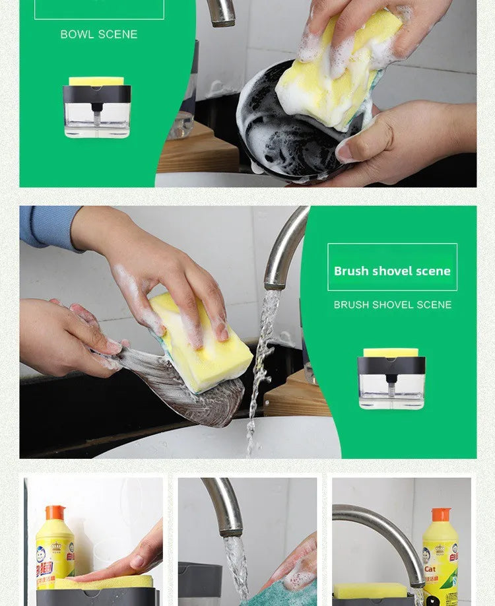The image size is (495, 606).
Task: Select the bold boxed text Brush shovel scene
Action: pyautogui.click(x=392, y=271)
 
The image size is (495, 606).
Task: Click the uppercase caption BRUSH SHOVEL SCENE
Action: pyautogui.click(x=393, y=305)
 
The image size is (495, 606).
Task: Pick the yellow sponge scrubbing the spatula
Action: pyautogui.click(x=202, y=343)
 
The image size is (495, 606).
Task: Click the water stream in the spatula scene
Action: pyautogui.click(x=261, y=370)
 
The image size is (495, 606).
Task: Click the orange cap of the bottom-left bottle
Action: pyautogui.click(x=55, y=512)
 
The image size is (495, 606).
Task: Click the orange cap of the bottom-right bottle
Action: pyautogui.click(x=440, y=515)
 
